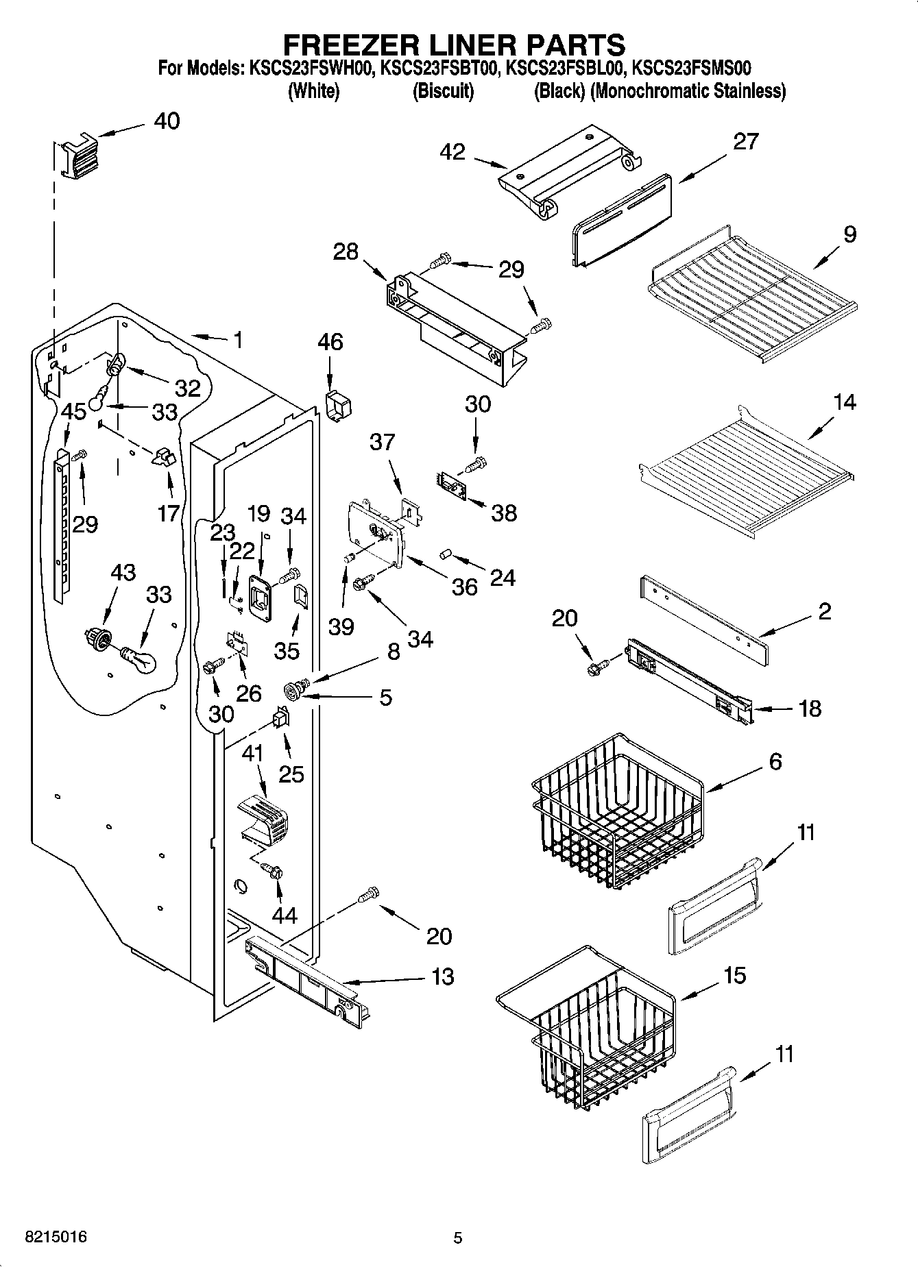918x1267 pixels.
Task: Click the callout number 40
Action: pyautogui.click(x=167, y=121)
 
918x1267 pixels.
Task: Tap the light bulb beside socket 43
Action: pyautogui.click(x=140, y=659)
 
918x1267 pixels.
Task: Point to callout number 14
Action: pyautogui.click(x=845, y=402)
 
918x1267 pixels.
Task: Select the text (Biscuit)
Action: pyautogui.click(x=443, y=90)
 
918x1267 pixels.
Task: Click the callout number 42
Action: pyautogui.click(x=453, y=152)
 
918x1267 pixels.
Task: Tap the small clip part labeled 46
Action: pyautogui.click(x=337, y=406)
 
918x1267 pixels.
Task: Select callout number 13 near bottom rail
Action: pyautogui.click(x=444, y=976)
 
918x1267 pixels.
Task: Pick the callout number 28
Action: pyautogui.click(x=346, y=251)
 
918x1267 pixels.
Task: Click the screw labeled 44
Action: pyautogui.click(x=274, y=871)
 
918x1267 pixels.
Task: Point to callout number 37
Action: pyautogui.click(x=382, y=442)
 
